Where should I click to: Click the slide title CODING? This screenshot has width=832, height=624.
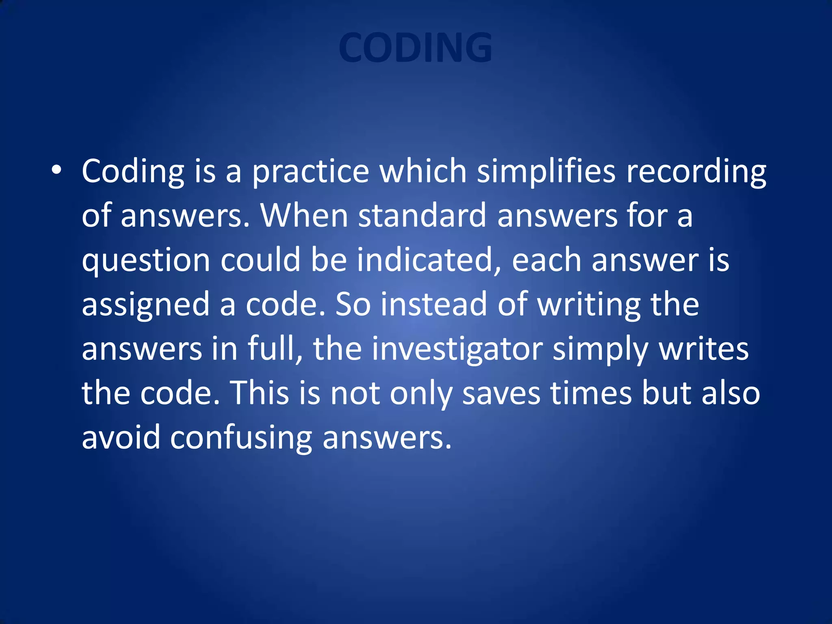pyautogui.click(x=415, y=48)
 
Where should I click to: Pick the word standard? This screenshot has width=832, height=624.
pyautogui.click(x=422, y=215)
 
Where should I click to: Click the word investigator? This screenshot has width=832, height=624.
pyautogui.click(x=457, y=349)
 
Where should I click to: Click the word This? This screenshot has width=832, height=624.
pyautogui.click(x=260, y=393)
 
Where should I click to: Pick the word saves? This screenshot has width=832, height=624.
pyautogui.click(x=501, y=394)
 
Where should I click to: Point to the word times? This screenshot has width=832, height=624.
pyautogui.click(x=591, y=393)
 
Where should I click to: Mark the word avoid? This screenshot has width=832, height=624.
pyautogui.click(x=121, y=438)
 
